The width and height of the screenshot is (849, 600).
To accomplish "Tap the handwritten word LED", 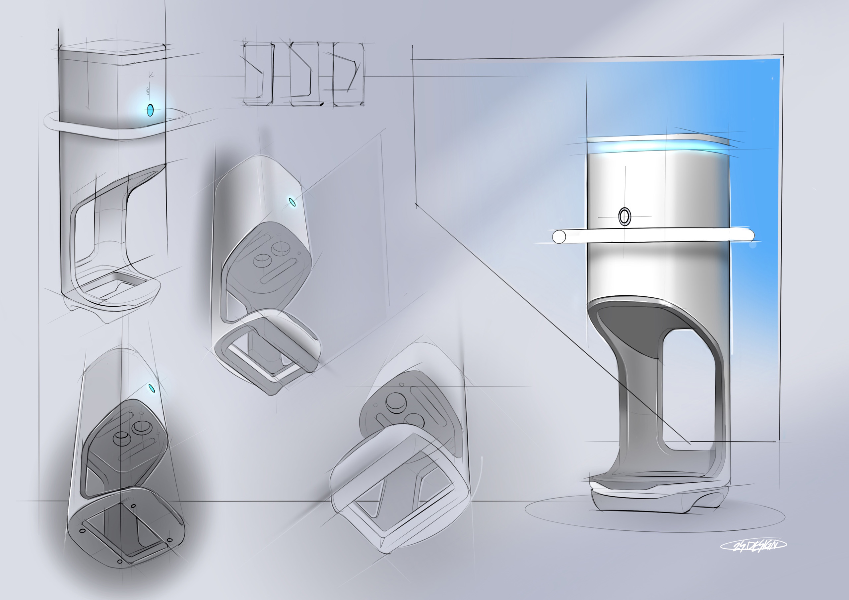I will tap(148, 91).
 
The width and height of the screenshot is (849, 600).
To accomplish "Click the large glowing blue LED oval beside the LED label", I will tap(150, 110).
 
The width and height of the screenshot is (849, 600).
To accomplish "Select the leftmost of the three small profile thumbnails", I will tap(258, 74).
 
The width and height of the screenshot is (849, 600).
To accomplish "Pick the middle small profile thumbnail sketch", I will tap(304, 74).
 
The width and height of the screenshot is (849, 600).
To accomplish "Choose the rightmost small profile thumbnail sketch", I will tap(348, 74).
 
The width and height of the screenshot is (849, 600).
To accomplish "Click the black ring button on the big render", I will tap(624, 216).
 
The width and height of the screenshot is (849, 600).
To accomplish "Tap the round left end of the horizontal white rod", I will tap(559, 237).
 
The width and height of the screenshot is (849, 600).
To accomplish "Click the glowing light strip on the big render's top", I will tap(658, 147).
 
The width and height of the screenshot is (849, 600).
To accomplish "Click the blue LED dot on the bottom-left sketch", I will tap(151, 388).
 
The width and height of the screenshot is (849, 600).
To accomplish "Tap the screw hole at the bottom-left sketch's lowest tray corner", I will tap(119, 561).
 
